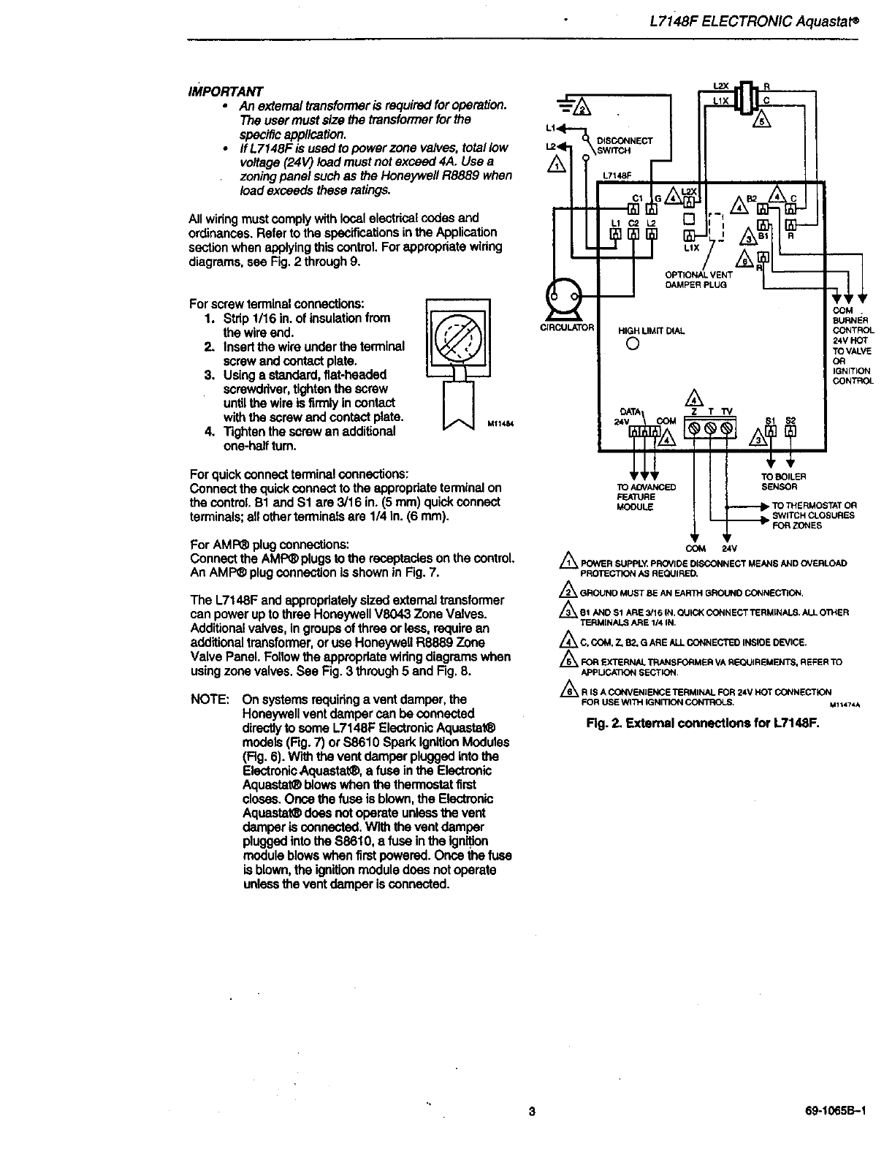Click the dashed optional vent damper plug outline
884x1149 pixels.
(x=714, y=224)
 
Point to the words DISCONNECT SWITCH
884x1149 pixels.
(x=624, y=145)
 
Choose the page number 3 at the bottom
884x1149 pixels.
(x=532, y=1112)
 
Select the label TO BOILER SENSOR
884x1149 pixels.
(x=784, y=481)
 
